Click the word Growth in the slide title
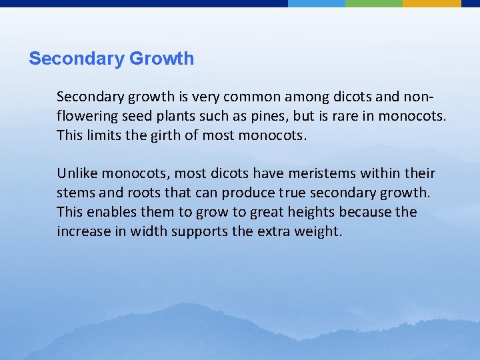click(x=161, y=59)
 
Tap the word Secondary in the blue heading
click(x=77, y=59)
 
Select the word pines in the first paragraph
click(x=268, y=117)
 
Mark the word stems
click(x=75, y=193)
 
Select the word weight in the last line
click(x=318, y=232)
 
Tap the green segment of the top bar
click(x=373, y=3)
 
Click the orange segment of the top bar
click(x=431, y=3)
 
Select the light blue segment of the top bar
click(x=316, y=3)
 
